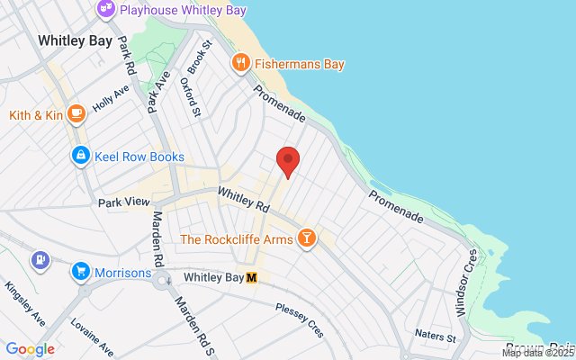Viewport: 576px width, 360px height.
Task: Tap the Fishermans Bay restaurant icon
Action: pyautogui.click(x=240, y=64)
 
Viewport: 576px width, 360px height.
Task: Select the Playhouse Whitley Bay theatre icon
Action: pyautogui.click(x=106, y=8)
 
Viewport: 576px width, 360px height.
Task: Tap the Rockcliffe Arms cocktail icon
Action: pyautogui.click(x=308, y=238)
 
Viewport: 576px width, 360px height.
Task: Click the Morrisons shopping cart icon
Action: pyautogui.click(x=81, y=272)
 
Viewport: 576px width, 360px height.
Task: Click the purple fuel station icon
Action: pyautogui.click(x=40, y=260)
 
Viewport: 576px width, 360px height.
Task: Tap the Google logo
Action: pyautogui.click(x=31, y=349)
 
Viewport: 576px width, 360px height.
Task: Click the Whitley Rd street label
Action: pyautogui.click(x=244, y=199)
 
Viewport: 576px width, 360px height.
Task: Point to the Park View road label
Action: pyautogui.click(x=123, y=202)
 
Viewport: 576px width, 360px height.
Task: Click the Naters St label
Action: pyautogui.click(x=436, y=336)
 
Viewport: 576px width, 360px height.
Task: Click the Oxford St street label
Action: pyautogui.click(x=189, y=97)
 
